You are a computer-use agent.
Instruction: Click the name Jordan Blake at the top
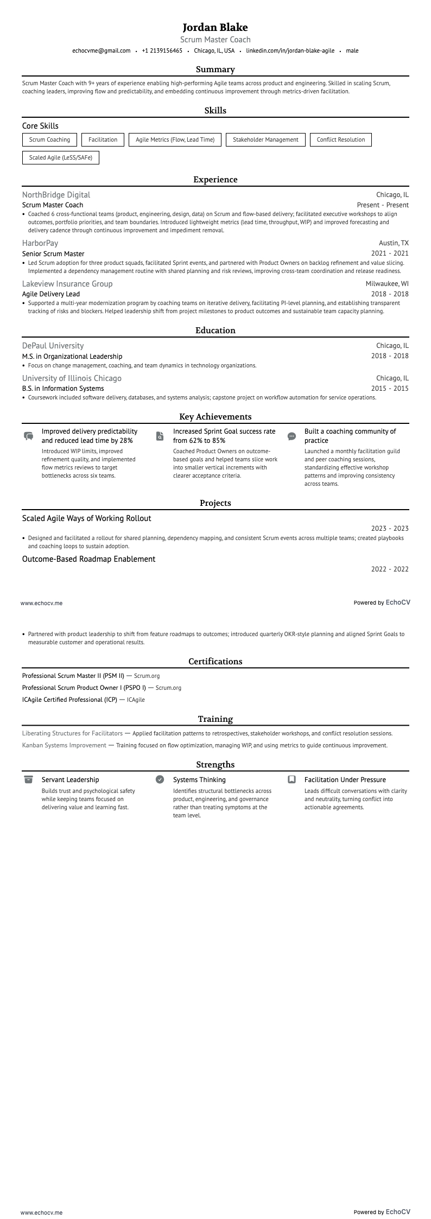tap(215, 27)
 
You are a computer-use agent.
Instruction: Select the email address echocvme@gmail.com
tap(102, 51)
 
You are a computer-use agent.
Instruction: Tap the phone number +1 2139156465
tap(162, 51)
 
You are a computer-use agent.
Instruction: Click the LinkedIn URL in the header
tap(290, 51)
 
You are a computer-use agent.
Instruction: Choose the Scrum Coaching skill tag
tap(49, 140)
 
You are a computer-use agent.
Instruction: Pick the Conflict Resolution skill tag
tap(340, 140)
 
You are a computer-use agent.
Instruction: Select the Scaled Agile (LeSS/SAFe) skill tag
tap(60, 158)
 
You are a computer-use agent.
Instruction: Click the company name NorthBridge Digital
tap(56, 195)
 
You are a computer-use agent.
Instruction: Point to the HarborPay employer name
tap(40, 243)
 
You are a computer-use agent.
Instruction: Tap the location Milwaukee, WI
tap(387, 284)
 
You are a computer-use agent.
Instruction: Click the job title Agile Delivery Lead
tap(51, 294)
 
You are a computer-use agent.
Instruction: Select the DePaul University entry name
tap(53, 346)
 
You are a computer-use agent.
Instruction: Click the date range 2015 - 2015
tap(390, 389)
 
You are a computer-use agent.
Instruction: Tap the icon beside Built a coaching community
tap(291, 436)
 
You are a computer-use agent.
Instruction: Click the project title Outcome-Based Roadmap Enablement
tap(88, 559)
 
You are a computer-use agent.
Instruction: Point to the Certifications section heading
tap(215, 662)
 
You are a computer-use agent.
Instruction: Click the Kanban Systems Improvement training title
tap(64, 746)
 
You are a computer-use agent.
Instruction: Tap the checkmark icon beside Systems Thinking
tap(160, 779)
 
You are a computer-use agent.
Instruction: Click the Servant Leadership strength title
tap(70, 780)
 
